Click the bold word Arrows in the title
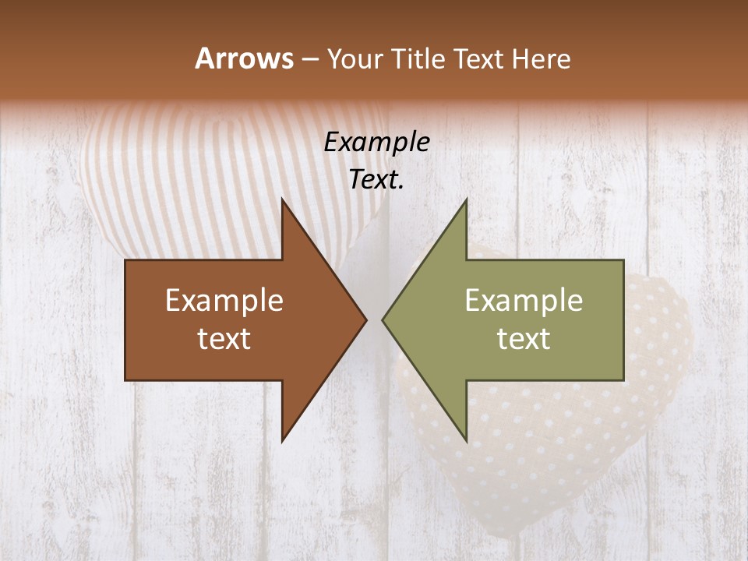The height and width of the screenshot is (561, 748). pyautogui.click(x=244, y=58)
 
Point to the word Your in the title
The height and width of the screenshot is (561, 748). pyautogui.click(x=355, y=58)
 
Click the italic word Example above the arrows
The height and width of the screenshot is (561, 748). pyautogui.click(x=376, y=142)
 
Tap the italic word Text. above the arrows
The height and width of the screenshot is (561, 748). pyautogui.click(x=376, y=179)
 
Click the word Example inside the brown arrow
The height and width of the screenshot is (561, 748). pyautogui.click(x=224, y=301)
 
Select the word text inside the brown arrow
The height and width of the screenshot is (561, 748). pyautogui.click(x=224, y=338)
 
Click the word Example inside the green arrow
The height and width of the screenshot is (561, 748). pyautogui.click(x=524, y=301)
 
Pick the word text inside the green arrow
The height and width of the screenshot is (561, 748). pyautogui.click(x=524, y=338)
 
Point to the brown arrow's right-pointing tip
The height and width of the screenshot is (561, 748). pyautogui.click(x=365, y=319)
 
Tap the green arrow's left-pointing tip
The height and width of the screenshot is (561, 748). pyautogui.click(x=383, y=319)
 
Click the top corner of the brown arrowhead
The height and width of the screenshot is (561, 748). pyautogui.click(x=282, y=200)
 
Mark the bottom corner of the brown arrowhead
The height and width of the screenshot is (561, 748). pyautogui.click(x=282, y=440)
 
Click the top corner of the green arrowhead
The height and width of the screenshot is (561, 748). pyautogui.click(x=466, y=200)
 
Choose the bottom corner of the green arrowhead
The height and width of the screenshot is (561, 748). pyautogui.click(x=466, y=440)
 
